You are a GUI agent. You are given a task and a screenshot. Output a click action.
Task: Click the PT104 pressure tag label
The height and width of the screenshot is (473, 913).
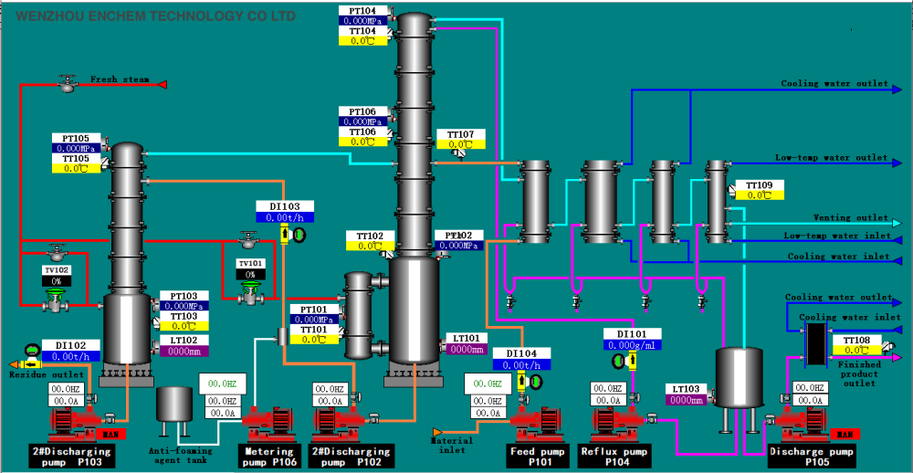pyautogui.click(x=362, y=11)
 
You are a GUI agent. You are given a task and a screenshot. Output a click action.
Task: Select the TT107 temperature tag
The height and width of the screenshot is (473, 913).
pyautogui.click(x=460, y=135)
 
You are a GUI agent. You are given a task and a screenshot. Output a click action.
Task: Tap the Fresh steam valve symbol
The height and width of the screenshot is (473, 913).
pyautogui.click(x=67, y=84)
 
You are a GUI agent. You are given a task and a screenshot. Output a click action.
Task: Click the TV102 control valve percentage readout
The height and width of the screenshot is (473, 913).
pyautogui.click(x=56, y=281)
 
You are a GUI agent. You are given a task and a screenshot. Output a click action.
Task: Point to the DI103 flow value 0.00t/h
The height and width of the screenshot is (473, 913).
pyautogui.click(x=284, y=217)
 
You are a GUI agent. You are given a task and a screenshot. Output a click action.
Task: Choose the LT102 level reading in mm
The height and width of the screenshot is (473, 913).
pyautogui.click(x=184, y=351)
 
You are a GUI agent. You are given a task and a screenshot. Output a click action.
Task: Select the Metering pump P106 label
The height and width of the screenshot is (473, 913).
pyautogui.click(x=270, y=456)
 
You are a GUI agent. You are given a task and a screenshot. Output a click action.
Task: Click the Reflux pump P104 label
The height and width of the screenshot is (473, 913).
pyautogui.click(x=614, y=456)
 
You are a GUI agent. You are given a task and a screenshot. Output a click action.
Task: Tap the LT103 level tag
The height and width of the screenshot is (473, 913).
pyautogui.click(x=685, y=388)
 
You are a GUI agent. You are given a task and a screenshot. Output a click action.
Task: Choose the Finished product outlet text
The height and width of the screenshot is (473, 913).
pyautogui.click(x=859, y=374)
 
